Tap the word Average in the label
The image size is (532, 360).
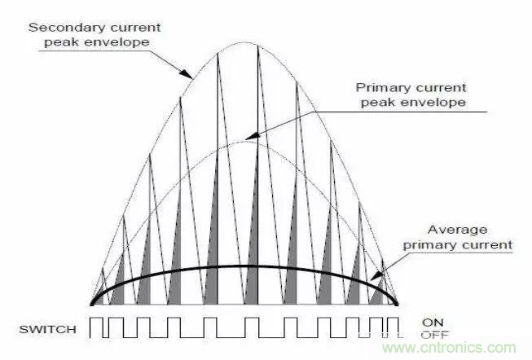click(457, 230)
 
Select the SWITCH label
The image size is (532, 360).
click(47, 330)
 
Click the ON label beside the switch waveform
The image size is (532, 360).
click(433, 323)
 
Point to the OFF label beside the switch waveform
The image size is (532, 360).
click(434, 336)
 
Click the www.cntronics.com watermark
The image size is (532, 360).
click(449, 348)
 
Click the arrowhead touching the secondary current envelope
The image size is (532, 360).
click(186, 74)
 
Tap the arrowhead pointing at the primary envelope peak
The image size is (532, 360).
click(252, 136)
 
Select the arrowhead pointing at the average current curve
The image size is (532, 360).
click(376, 276)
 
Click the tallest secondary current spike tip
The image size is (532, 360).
click(258, 46)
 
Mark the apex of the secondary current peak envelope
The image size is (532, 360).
click(245, 42)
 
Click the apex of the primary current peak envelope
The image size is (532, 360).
click(245, 141)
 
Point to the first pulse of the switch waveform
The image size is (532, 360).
click(97, 327)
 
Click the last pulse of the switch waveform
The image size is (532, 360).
click(393, 327)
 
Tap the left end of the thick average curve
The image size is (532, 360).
click(91, 305)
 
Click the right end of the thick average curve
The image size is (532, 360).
click(398, 305)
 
